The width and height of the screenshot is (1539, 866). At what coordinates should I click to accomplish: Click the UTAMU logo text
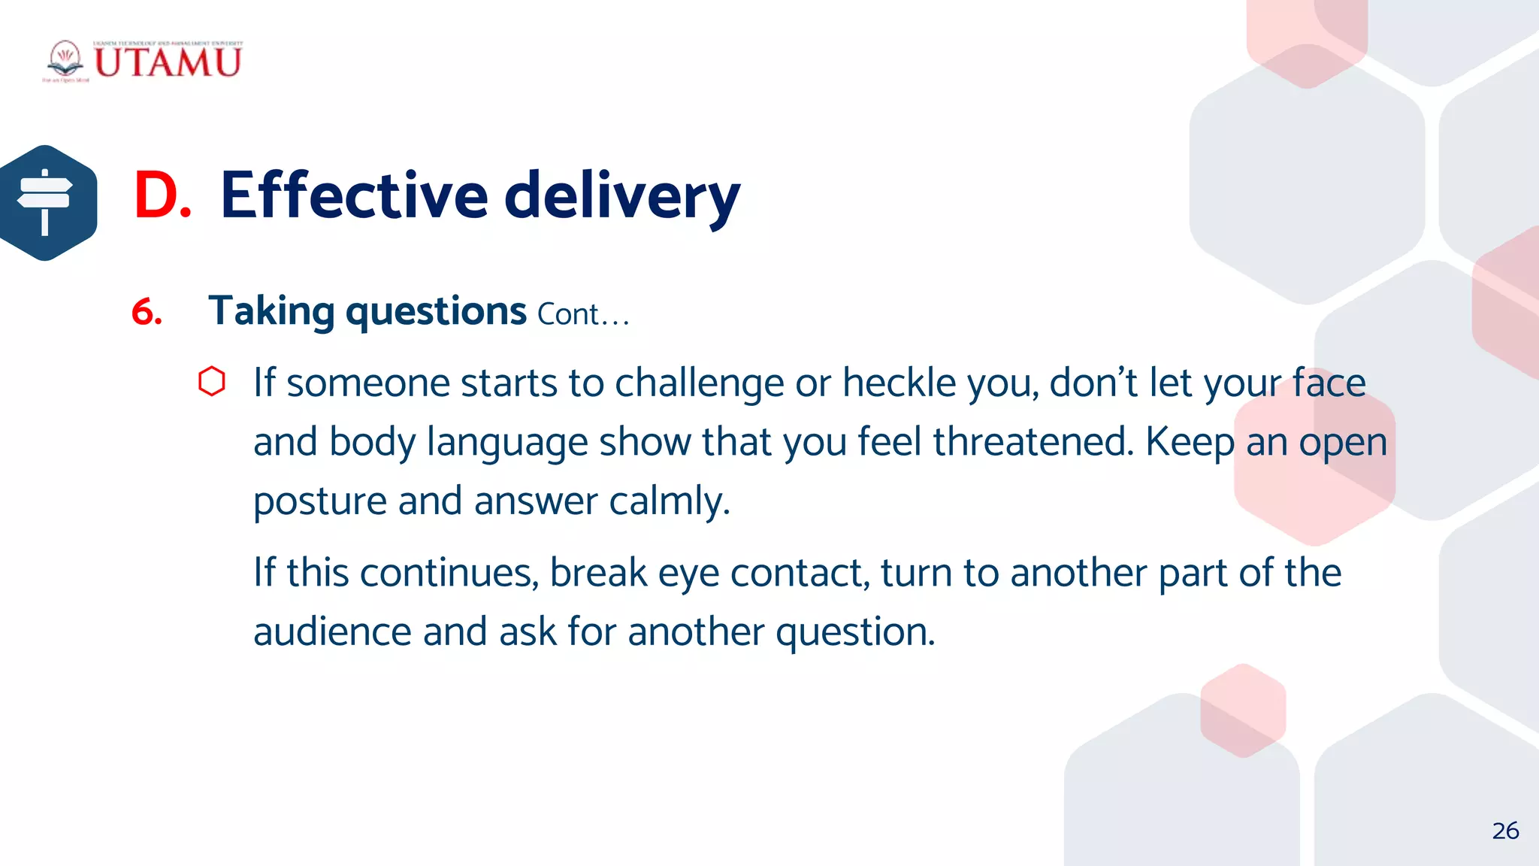pyautogui.click(x=167, y=62)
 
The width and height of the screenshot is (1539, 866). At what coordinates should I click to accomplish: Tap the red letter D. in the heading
pyautogui.click(x=162, y=195)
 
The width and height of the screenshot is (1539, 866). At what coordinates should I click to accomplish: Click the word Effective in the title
pyautogui.click(x=354, y=195)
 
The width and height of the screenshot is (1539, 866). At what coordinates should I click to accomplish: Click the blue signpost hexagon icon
pyautogui.click(x=47, y=203)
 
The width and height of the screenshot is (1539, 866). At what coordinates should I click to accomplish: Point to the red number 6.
pyautogui.click(x=147, y=312)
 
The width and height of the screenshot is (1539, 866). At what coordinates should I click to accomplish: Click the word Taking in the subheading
pyautogui.click(x=271, y=311)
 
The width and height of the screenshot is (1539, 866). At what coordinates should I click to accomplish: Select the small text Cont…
pyautogui.click(x=583, y=314)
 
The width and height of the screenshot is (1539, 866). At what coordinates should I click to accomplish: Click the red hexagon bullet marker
pyautogui.click(x=212, y=381)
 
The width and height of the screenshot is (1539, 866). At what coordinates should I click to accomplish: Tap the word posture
pyautogui.click(x=320, y=501)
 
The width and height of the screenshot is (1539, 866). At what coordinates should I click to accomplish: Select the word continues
pyautogui.click(x=449, y=573)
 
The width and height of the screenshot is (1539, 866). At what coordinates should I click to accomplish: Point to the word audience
pyautogui.click(x=332, y=631)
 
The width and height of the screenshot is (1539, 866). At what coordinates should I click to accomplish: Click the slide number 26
pyautogui.click(x=1505, y=831)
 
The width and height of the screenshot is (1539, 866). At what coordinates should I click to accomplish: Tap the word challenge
pyautogui.click(x=699, y=383)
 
